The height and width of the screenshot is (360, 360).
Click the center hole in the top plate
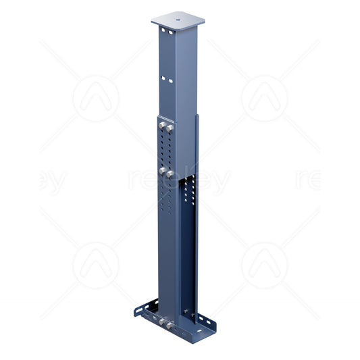(x=178, y=20)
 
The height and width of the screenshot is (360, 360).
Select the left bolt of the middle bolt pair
(x=162, y=169)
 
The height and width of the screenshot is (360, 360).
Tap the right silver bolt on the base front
(x=171, y=327)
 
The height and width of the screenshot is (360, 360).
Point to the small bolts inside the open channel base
(x=186, y=312)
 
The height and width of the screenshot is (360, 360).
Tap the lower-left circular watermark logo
(x=96, y=265)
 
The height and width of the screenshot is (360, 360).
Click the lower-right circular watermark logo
(x=264, y=265)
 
